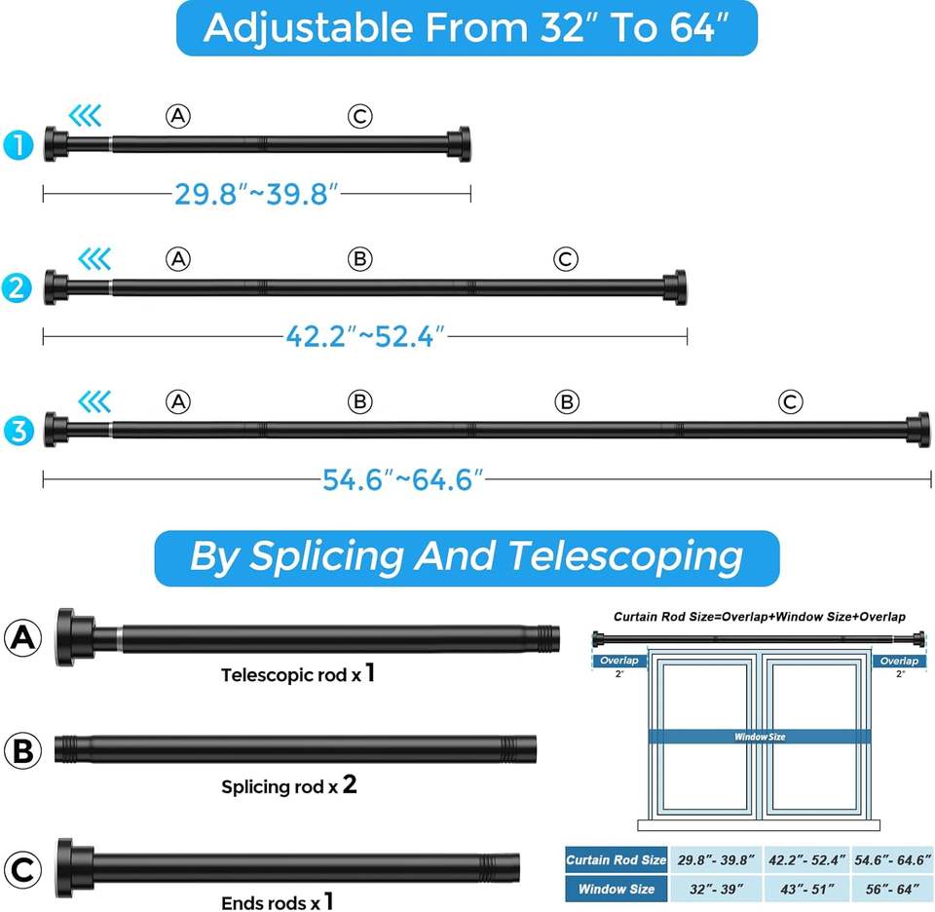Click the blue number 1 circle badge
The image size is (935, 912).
click(x=18, y=145)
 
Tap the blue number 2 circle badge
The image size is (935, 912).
click(x=17, y=288)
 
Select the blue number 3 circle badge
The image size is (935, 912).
click(x=19, y=431)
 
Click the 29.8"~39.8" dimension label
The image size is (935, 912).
click(x=256, y=194)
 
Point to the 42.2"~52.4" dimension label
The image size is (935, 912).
click(x=365, y=336)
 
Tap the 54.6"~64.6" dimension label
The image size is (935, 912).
click(x=403, y=479)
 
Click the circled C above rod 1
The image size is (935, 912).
click(x=360, y=116)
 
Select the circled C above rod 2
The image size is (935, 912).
click(x=565, y=259)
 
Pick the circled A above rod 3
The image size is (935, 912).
click(x=178, y=402)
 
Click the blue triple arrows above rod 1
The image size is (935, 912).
click(x=86, y=116)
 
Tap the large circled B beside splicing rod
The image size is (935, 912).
click(x=22, y=750)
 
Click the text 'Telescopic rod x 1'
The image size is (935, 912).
click(x=298, y=673)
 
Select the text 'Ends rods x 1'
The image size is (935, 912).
click(x=277, y=902)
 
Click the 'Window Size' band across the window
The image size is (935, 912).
click(x=760, y=737)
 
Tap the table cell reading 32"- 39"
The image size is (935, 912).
click(x=716, y=889)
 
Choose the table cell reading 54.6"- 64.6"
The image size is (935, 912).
click(x=893, y=859)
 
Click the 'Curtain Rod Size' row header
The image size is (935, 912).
click(x=616, y=859)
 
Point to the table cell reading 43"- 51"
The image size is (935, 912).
click(x=806, y=889)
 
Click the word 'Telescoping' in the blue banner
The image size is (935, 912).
click(x=625, y=556)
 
